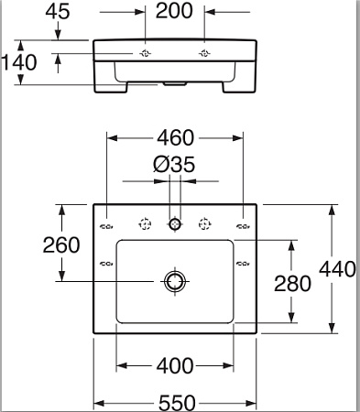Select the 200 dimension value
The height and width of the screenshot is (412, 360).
click(x=175, y=11)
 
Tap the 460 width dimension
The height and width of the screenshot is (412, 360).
click(x=175, y=138)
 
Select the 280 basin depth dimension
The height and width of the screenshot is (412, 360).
click(x=273, y=283)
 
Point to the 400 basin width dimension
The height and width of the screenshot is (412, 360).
click(x=175, y=366)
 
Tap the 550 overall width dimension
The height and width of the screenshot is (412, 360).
click(x=175, y=400)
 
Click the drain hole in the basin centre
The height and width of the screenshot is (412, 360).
click(x=174, y=280)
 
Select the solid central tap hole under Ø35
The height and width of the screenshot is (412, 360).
click(x=174, y=223)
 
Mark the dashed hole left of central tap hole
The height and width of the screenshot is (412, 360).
click(x=144, y=223)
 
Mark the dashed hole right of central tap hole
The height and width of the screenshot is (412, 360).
click(x=205, y=223)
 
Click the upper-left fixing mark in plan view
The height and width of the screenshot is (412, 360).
click(x=104, y=226)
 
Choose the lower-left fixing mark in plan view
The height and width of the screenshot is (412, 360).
click(x=104, y=265)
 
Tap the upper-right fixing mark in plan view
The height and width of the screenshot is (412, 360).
click(x=244, y=226)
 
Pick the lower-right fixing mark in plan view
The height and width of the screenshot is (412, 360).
click(x=244, y=265)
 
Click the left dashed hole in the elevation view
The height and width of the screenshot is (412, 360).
click(x=146, y=53)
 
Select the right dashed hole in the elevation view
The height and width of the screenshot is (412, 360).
click(x=203, y=53)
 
